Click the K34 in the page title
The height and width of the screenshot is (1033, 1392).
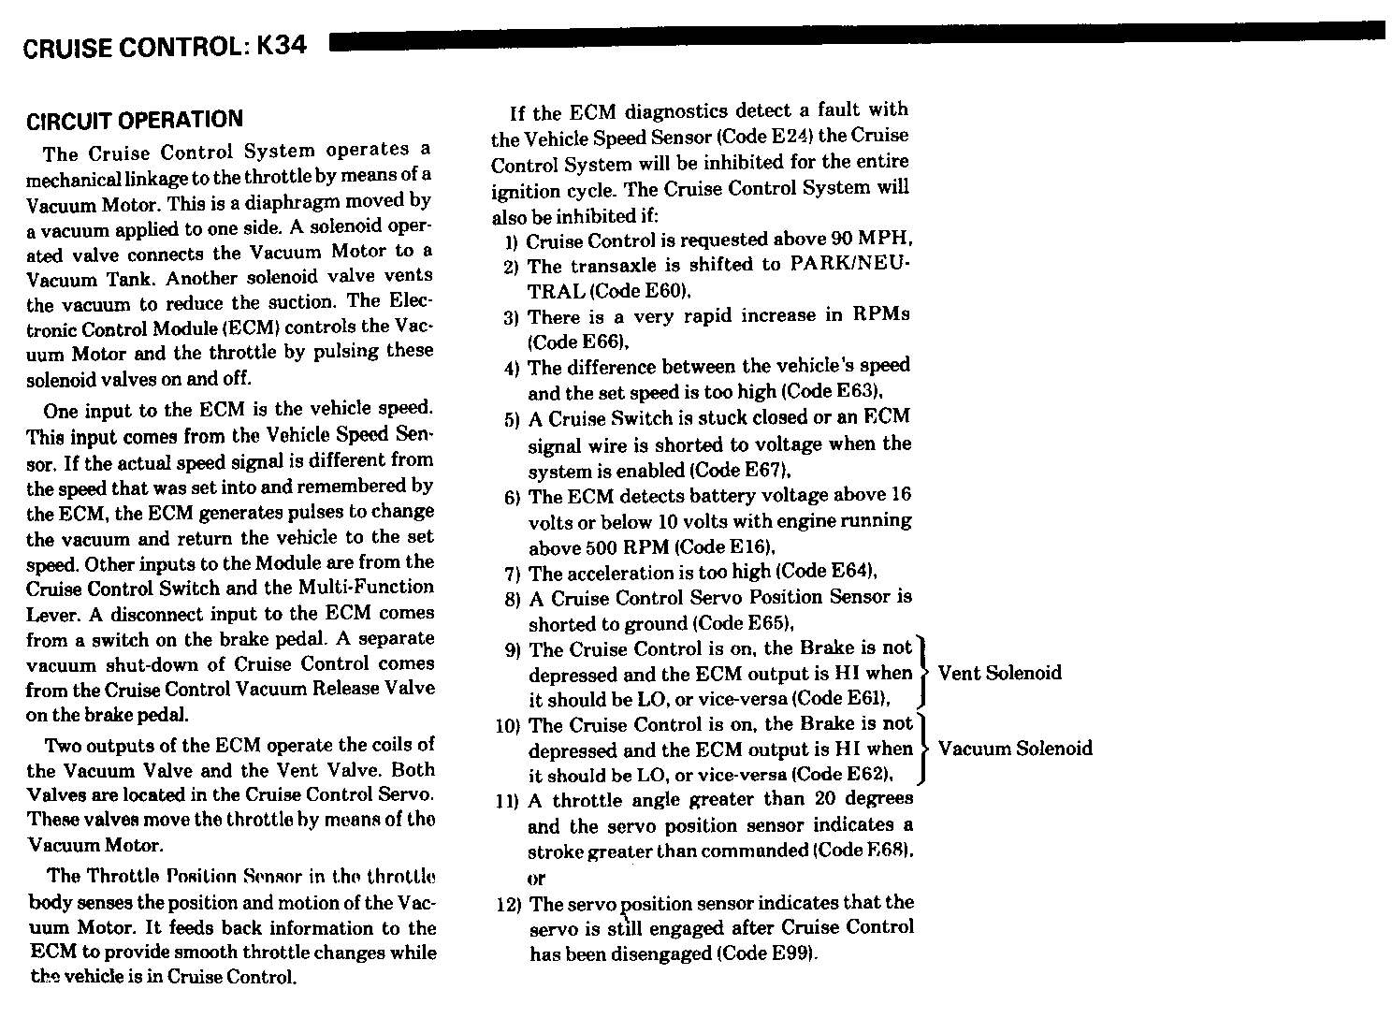coord(280,46)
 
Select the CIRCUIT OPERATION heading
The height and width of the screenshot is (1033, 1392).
coord(135,121)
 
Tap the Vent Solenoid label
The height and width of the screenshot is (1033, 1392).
coord(999,673)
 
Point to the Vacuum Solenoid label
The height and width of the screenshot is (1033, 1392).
coord(1015,749)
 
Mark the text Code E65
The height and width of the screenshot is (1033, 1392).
coord(745,623)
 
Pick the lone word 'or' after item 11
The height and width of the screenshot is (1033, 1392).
coord(536,879)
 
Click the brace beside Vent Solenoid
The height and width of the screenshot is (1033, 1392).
coord(922,672)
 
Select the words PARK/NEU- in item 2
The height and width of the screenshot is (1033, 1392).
coord(849,265)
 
